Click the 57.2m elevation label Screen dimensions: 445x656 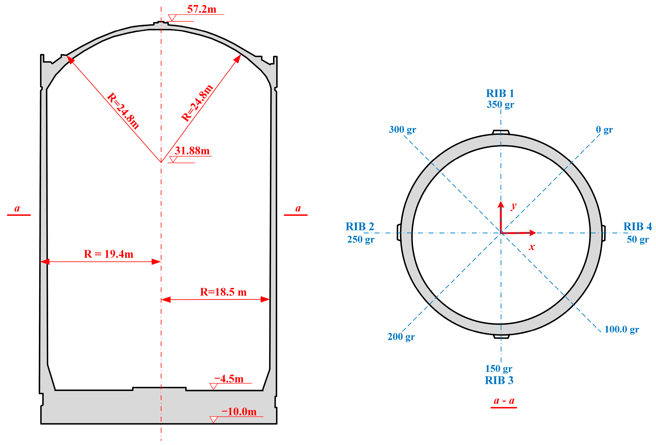202,9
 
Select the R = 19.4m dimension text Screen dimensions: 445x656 108,254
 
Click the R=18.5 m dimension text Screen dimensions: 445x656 223,292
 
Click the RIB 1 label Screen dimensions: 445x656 500,93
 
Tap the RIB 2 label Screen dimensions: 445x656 360,226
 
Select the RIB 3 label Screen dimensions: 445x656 499,381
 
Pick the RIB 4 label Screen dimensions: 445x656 637,226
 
